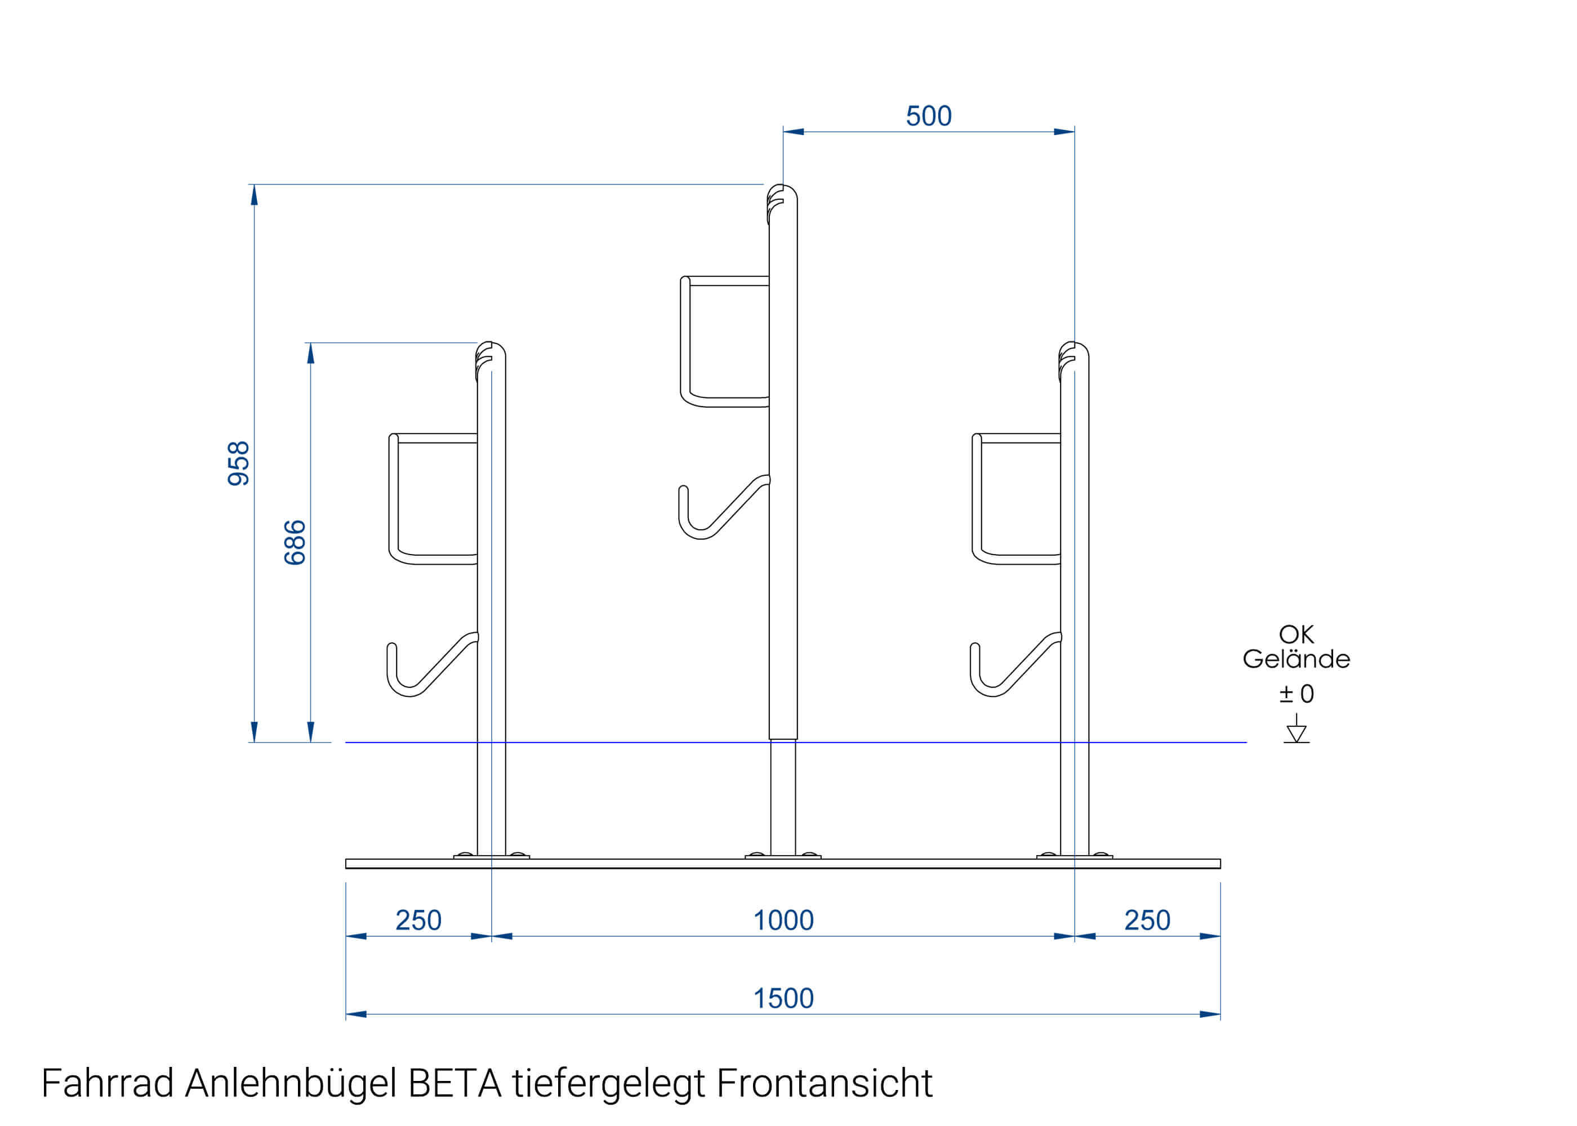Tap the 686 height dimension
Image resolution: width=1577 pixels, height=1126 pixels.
tap(295, 542)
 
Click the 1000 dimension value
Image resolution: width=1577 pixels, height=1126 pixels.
tap(783, 920)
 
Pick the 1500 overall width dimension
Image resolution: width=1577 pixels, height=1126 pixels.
tap(783, 998)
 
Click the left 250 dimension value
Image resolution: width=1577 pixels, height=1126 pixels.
tap(418, 920)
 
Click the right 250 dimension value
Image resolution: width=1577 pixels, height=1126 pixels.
tap(1147, 920)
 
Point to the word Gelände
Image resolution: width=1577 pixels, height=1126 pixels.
tap(1295, 659)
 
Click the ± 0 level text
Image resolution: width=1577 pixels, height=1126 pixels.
tap(1295, 694)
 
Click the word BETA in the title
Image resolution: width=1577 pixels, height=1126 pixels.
tap(455, 1084)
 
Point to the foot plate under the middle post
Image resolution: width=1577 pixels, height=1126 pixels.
tap(783, 857)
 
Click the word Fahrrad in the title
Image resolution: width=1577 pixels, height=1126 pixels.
tap(108, 1084)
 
